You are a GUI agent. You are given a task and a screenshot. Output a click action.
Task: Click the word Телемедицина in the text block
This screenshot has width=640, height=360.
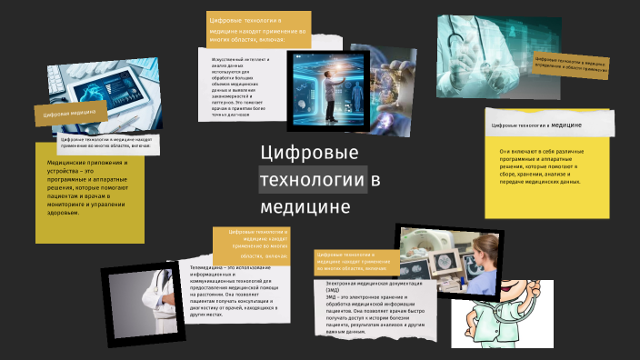pos(209,267)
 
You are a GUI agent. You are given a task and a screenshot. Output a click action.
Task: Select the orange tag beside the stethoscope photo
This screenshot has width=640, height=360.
pos(571,62)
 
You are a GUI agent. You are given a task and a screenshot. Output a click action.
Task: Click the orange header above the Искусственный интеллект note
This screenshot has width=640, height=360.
pos(258,29)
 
